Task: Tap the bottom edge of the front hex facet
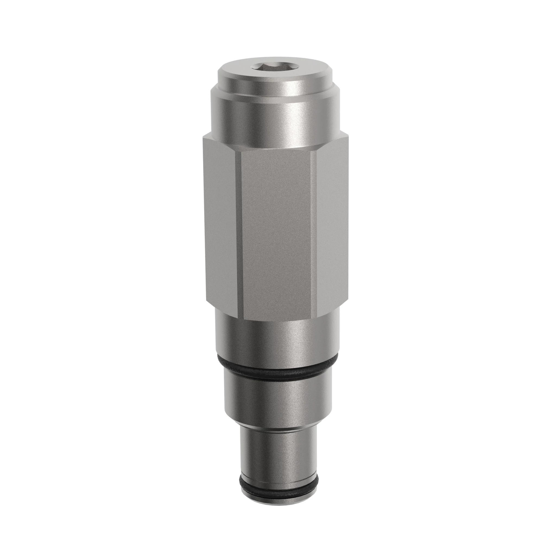pos(277,320)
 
